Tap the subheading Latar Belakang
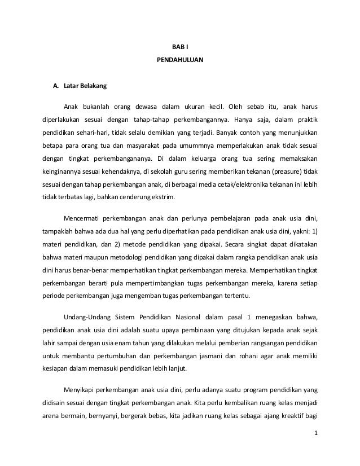(x=82, y=87)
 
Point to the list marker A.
(x=56, y=87)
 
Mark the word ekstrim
(x=165, y=197)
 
